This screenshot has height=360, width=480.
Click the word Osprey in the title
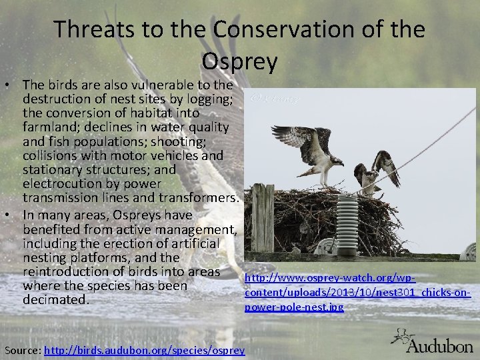(x=239, y=61)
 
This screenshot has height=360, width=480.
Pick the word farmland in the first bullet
(x=50, y=127)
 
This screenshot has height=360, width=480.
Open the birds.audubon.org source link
(x=144, y=351)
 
